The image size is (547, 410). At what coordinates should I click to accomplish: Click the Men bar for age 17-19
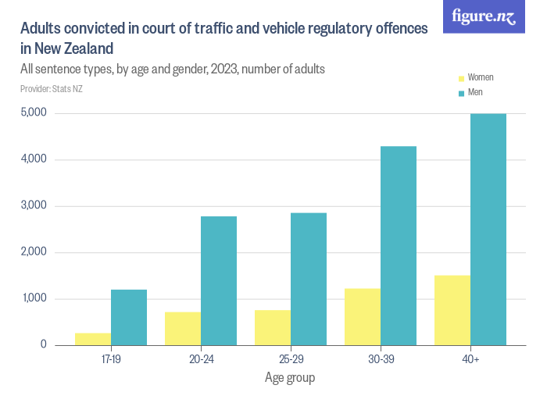pyautogui.click(x=129, y=317)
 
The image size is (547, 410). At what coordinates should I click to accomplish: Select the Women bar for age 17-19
pyautogui.click(x=93, y=339)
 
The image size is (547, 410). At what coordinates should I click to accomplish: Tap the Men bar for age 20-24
pyautogui.click(x=219, y=280)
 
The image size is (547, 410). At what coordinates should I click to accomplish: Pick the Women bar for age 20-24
pyautogui.click(x=183, y=328)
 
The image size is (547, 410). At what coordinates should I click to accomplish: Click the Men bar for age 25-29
pyautogui.click(x=309, y=279)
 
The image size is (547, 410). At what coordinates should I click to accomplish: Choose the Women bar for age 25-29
pyautogui.click(x=273, y=327)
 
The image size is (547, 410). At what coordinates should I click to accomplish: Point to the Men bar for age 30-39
pyautogui.click(x=399, y=245)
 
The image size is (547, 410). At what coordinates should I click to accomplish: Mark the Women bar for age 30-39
pyautogui.click(x=363, y=316)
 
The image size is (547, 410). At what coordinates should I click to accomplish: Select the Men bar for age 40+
pyautogui.click(x=488, y=229)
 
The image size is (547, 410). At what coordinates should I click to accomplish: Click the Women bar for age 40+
pyautogui.click(x=452, y=310)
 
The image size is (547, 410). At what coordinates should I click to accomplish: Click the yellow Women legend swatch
pyautogui.click(x=461, y=78)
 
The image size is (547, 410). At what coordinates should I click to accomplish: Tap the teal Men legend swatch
pyautogui.click(x=461, y=93)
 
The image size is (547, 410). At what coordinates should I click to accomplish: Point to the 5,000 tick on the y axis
pyautogui.click(x=34, y=113)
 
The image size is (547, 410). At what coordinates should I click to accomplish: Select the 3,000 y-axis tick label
pyautogui.click(x=34, y=206)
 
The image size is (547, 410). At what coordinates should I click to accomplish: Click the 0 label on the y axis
pyautogui.click(x=44, y=344)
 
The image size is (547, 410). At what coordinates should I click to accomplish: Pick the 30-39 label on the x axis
pyautogui.click(x=381, y=360)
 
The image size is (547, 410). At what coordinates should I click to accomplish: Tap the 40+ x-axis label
pyautogui.click(x=470, y=360)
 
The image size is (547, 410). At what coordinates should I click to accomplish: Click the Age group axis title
pyautogui.click(x=290, y=378)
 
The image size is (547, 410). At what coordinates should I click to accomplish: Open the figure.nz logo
pyautogui.click(x=484, y=16)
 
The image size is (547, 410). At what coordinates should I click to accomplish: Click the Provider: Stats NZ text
pyautogui.click(x=52, y=89)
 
